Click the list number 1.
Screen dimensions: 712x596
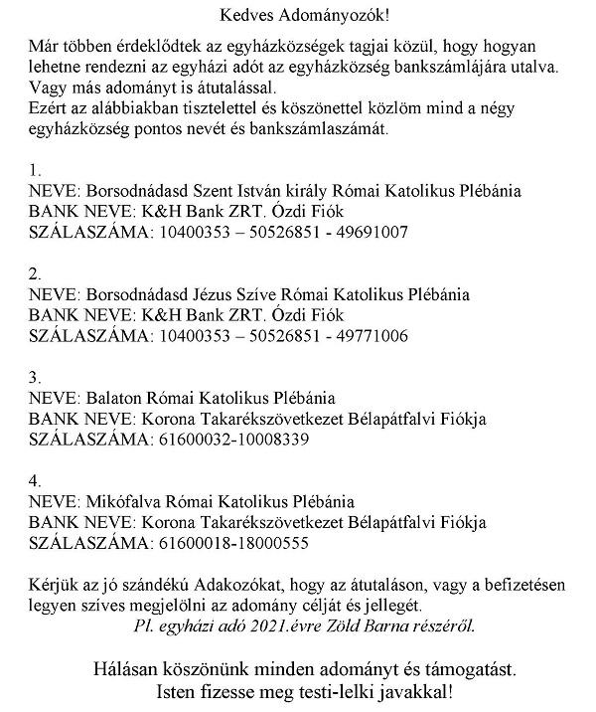coord(35,168)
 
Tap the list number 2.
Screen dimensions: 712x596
coord(35,273)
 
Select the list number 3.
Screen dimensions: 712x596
coord(35,377)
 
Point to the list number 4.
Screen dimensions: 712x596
coord(35,480)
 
